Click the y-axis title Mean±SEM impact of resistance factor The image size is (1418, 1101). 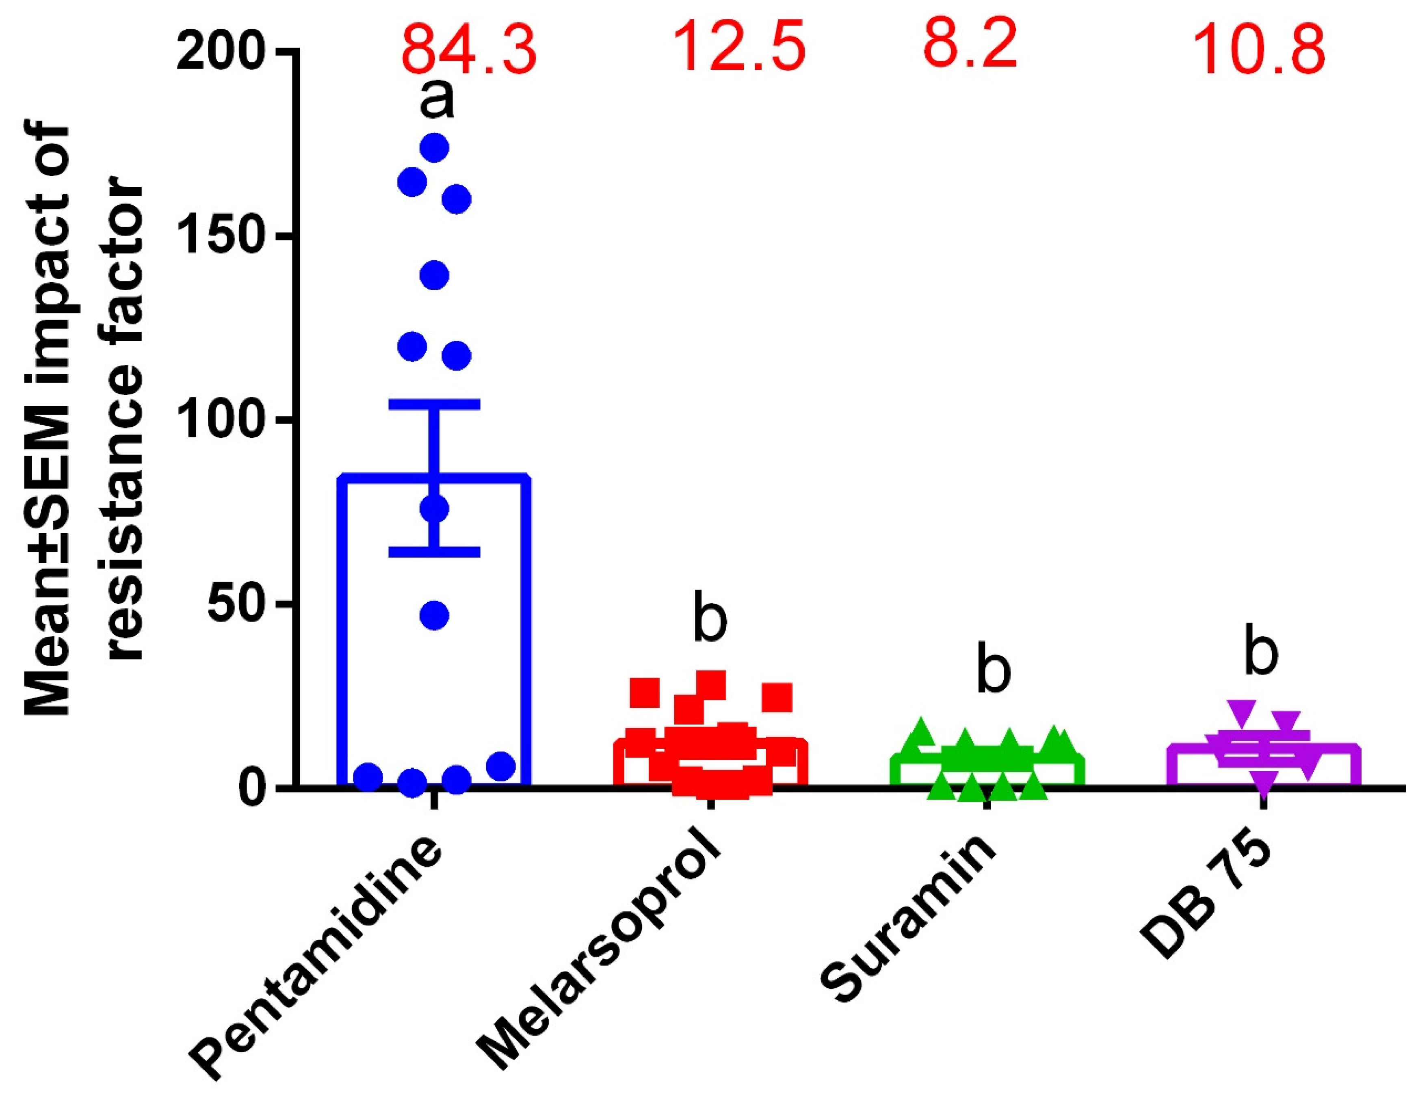[84, 422]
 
